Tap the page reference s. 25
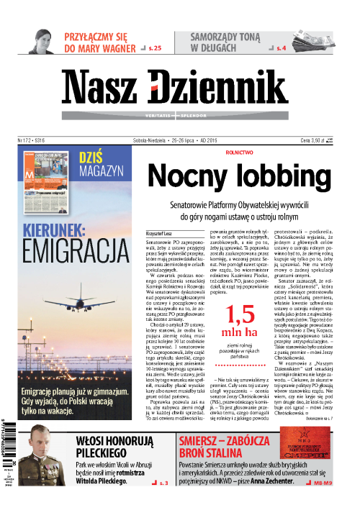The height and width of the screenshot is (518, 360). coord(154,48)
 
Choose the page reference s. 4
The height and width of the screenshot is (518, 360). coord(282,48)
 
